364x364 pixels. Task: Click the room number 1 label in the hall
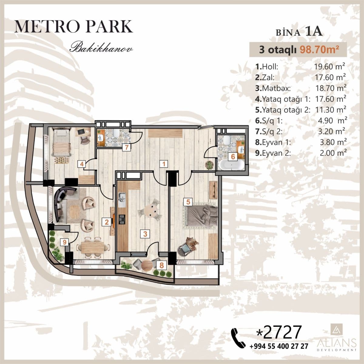[164, 164]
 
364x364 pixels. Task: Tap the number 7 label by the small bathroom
[126, 148]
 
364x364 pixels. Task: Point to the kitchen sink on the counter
[122, 200]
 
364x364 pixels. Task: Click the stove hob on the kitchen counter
[122, 219]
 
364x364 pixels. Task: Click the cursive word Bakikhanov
[101, 48]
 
